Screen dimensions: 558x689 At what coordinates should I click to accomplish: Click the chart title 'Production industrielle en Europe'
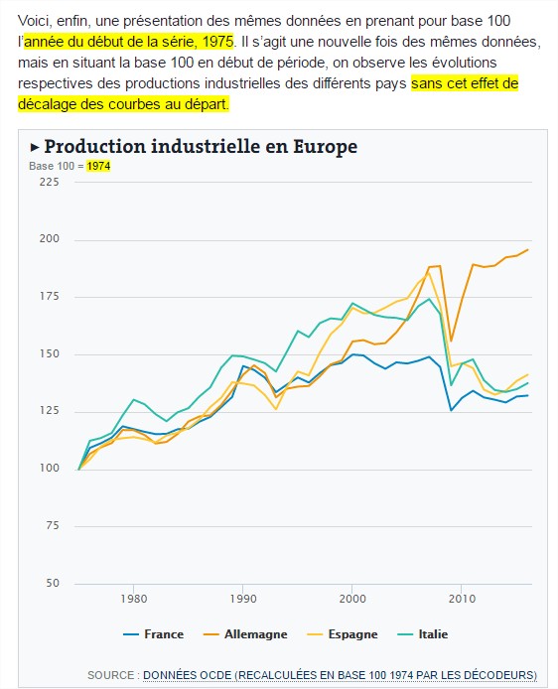(x=201, y=147)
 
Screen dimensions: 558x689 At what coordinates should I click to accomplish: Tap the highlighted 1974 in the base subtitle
(x=98, y=166)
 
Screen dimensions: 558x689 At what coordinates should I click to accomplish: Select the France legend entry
(x=153, y=634)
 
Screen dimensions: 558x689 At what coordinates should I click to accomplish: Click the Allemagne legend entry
(x=245, y=634)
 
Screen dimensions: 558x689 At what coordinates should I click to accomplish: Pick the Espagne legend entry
(x=343, y=634)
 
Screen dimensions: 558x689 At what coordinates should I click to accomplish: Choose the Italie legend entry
(x=423, y=634)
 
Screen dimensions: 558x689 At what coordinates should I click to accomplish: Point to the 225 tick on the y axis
(x=50, y=182)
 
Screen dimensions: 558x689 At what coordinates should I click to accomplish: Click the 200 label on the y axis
(x=50, y=238)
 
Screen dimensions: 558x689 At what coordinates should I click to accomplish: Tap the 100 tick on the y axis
(x=50, y=468)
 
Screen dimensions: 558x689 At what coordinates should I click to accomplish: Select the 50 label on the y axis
(x=53, y=583)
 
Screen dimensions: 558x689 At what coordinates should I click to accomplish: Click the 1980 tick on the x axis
(x=134, y=599)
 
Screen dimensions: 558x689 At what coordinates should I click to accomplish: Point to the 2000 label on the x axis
(x=352, y=599)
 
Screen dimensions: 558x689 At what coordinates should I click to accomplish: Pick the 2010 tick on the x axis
(x=462, y=599)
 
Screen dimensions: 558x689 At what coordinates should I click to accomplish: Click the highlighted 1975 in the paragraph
(x=217, y=42)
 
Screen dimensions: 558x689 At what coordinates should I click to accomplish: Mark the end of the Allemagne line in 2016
(x=527, y=249)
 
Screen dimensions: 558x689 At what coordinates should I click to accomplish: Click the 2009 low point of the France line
(x=451, y=410)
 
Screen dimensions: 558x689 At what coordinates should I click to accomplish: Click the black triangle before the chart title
(x=35, y=147)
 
